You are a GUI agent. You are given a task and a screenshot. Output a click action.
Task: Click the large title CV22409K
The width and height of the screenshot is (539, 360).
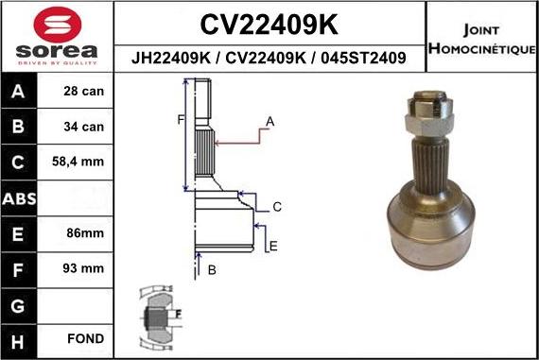click(269, 23)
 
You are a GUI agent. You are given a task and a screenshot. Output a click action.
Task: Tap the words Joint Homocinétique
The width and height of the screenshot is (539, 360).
click(482, 38)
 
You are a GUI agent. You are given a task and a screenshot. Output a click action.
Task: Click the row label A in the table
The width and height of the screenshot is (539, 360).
click(20, 92)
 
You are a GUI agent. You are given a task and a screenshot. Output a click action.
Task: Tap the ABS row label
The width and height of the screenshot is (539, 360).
click(20, 198)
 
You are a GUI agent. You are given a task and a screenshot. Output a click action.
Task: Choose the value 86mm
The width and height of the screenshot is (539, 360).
click(86, 233)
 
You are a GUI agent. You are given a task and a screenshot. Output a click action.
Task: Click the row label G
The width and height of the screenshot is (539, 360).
click(20, 304)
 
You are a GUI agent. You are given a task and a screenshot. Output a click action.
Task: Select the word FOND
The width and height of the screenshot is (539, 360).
click(86, 338)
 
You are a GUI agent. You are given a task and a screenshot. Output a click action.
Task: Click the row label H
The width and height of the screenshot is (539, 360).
click(20, 338)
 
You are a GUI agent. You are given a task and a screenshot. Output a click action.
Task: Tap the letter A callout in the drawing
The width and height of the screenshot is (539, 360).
click(269, 121)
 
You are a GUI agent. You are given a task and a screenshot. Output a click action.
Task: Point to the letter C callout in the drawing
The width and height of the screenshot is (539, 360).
click(277, 207)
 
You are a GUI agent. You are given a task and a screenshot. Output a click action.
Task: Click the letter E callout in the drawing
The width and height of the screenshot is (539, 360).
click(273, 247)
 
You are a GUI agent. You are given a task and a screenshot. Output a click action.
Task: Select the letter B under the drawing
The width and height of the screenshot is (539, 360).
click(212, 270)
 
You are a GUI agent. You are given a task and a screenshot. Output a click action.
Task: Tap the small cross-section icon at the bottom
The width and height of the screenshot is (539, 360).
click(158, 314)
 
